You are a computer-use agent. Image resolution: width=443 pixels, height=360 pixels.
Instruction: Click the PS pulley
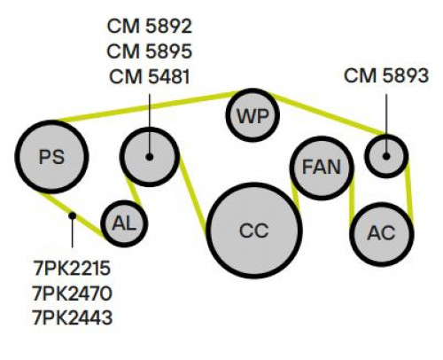click(51, 157)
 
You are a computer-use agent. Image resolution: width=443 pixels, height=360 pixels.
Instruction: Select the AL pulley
click(124, 223)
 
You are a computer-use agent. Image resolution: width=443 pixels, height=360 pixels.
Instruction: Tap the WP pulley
click(253, 115)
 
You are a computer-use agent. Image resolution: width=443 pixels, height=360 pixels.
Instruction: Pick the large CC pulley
click(254, 231)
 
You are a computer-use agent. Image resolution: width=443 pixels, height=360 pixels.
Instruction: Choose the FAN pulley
click(322, 168)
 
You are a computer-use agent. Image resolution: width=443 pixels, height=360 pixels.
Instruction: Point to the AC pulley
click(382, 233)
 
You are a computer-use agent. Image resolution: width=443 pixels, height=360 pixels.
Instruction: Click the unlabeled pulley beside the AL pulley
click(150, 157)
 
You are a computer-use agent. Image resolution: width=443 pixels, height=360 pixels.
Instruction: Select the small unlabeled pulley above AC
click(386, 156)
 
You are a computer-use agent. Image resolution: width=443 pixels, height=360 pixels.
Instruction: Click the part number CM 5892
click(150, 26)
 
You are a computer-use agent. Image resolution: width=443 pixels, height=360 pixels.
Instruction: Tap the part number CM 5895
click(150, 51)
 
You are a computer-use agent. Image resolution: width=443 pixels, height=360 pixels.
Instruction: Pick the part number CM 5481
click(150, 77)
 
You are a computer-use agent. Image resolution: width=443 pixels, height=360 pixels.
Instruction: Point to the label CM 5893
click(386, 75)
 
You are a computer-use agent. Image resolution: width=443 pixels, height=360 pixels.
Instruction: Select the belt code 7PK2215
click(73, 269)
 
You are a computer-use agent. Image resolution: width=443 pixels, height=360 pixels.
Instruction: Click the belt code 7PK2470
click(73, 293)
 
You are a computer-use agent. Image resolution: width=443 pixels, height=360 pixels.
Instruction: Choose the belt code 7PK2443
click(73, 318)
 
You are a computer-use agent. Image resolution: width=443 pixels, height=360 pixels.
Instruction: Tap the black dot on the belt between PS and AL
click(72, 215)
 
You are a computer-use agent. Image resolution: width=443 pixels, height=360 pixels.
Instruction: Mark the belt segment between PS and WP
click(145, 106)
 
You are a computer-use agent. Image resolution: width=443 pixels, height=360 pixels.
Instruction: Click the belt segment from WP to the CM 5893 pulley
click(329, 113)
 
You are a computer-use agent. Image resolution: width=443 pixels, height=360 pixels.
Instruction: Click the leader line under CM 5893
click(386, 125)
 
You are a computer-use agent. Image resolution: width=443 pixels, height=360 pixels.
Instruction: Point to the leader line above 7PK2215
click(72, 231)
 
